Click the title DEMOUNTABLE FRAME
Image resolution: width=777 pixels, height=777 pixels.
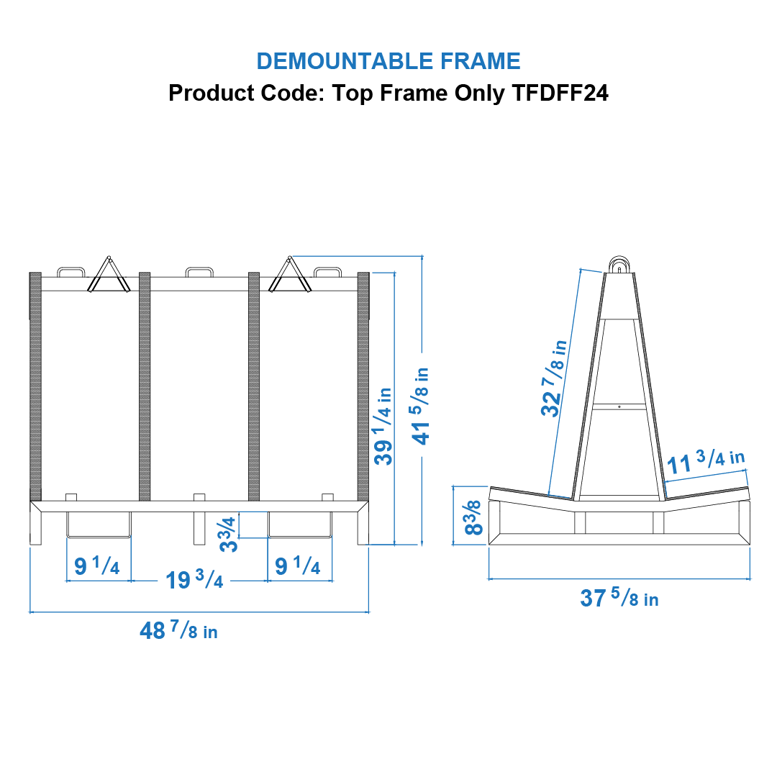pyautogui.click(x=388, y=61)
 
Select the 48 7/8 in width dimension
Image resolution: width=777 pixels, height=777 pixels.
pyautogui.click(x=178, y=631)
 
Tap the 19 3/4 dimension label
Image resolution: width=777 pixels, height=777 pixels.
pyautogui.click(x=194, y=580)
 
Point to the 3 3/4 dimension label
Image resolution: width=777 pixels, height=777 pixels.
pyautogui.click(x=229, y=534)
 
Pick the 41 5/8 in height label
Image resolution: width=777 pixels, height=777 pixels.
pyautogui.click(x=422, y=406)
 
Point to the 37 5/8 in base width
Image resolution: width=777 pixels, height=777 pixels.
pyautogui.click(x=619, y=598)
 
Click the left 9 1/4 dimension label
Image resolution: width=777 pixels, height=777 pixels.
pyautogui.click(x=97, y=566)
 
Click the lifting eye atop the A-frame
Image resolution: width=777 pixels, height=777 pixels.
pyautogui.click(x=619, y=264)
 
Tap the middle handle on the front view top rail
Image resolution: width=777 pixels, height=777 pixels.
pyautogui.click(x=199, y=273)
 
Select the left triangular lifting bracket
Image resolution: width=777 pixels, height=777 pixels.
pyautogui.click(x=109, y=276)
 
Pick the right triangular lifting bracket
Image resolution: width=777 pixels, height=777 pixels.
pyautogui.click(x=291, y=276)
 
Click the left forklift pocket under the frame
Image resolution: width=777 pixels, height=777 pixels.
pyautogui.click(x=99, y=524)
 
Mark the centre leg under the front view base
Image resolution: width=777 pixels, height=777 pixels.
pyautogui.click(x=199, y=528)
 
